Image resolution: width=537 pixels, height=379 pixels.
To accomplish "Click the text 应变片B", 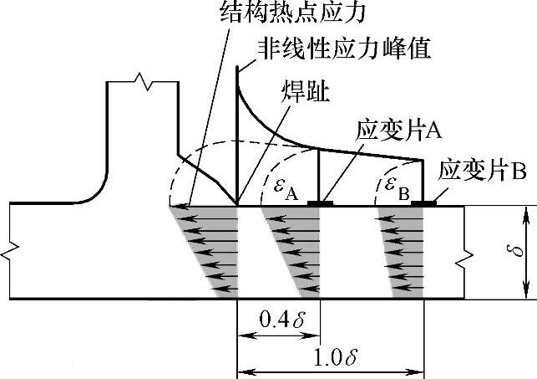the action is pyautogui.click(x=482, y=171).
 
